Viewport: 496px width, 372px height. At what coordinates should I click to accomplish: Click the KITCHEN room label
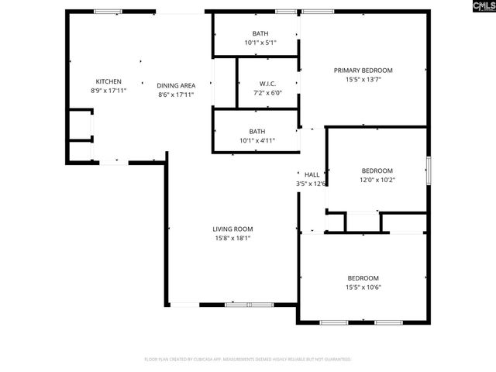(108, 81)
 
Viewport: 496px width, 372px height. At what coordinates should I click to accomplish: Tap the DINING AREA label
(176, 85)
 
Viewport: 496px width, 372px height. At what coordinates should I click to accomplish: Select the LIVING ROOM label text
(233, 229)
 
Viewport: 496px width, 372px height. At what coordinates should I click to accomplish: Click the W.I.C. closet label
(267, 83)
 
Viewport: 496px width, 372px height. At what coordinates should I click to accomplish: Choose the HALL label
(312, 175)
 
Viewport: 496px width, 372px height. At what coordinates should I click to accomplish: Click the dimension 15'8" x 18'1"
(233, 238)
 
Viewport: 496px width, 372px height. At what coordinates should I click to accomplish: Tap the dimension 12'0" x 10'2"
(377, 180)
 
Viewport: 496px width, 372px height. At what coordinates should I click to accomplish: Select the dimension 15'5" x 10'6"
(363, 288)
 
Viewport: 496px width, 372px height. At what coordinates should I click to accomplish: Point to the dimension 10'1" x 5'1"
(260, 43)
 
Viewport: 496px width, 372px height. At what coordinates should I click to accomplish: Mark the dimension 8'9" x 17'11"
(108, 91)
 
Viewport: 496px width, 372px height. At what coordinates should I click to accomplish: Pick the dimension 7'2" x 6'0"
(267, 92)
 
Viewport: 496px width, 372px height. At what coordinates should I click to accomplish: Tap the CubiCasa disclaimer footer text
(248, 360)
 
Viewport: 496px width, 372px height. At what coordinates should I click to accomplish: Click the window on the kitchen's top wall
(108, 12)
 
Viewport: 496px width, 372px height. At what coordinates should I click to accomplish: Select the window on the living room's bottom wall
(249, 305)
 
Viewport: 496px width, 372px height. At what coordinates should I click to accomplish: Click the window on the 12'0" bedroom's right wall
(427, 170)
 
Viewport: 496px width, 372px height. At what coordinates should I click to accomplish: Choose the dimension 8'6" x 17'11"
(176, 95)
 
